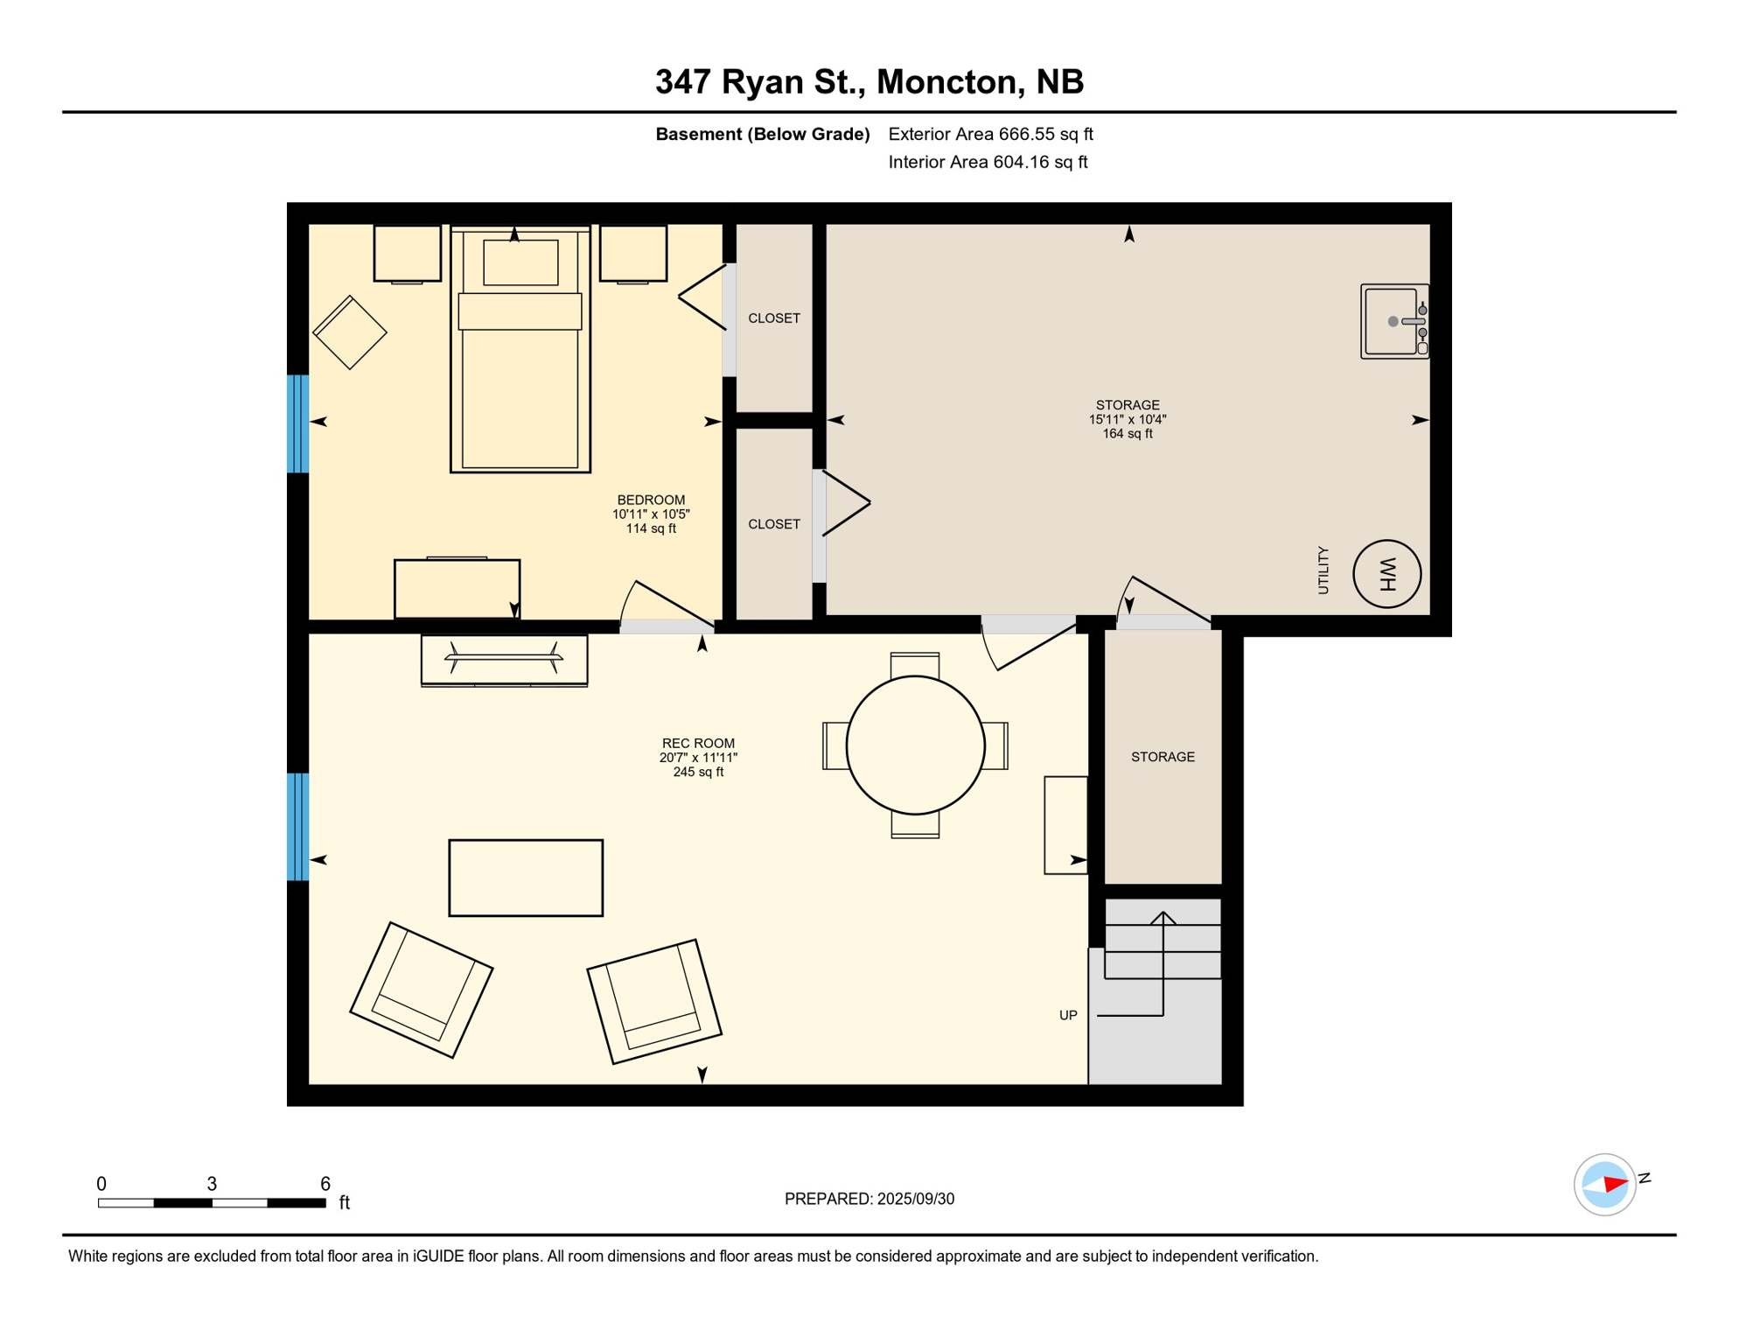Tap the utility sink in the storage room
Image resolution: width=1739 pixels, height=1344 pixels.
coord(1394,321)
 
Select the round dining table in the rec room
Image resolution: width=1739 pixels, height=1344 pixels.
coord(915,745)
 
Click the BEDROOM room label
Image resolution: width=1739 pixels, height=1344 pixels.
coord(651,500)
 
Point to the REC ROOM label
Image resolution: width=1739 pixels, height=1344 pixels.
coord(698,743)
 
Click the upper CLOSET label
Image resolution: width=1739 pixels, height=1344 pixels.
coord(774,318)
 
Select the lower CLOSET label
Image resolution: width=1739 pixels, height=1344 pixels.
coord(774,524)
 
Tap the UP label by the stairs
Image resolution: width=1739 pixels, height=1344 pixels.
coord(1068,1015)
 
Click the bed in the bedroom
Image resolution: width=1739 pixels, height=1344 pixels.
coord(520,348)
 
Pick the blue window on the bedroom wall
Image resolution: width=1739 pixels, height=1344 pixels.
coord(298,423)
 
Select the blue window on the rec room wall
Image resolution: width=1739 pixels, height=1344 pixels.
coord(298,826)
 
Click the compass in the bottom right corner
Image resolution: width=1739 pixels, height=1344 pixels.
coord(1605,1185)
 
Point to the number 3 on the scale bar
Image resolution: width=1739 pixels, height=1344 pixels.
coord(212,1184)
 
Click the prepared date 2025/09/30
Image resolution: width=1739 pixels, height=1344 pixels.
coord(916,1199)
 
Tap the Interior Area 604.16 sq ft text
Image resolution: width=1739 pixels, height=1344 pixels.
coord(988,162)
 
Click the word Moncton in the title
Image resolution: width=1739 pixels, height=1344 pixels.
coord(951,81)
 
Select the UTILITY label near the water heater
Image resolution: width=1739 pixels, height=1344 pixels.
coord(1323,570)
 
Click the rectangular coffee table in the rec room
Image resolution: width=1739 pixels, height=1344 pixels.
coord(526,878)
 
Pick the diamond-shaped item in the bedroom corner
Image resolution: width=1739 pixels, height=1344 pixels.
coord(350,332)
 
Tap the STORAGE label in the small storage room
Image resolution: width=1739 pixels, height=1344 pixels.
coord(1163,757)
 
